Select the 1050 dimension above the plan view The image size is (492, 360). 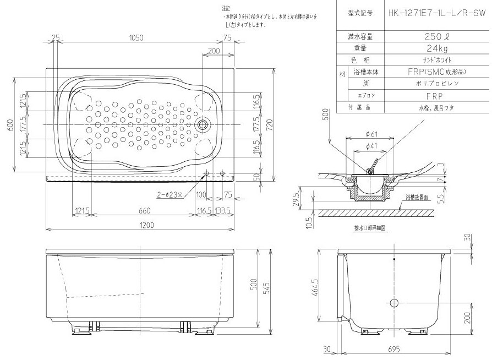tap(136, 37)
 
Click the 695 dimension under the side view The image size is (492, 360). tap(394, 350)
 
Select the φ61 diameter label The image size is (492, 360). tap(370, 134)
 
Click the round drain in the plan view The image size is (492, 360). tap(203, 124)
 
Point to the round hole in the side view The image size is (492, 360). tap(393, 303)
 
